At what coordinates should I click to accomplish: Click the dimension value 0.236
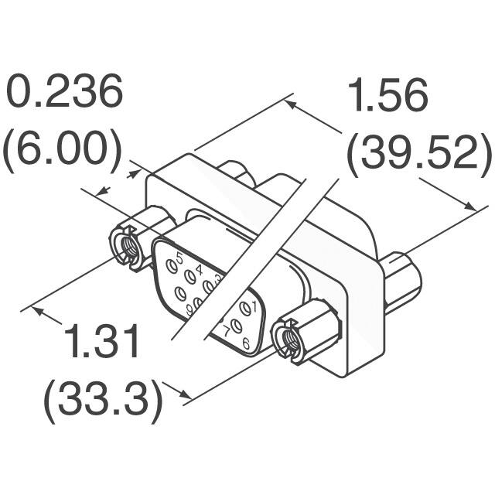pos(65,94)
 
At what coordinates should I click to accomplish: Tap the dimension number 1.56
pos(387,97)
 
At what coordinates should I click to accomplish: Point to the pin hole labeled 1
pos(247,309)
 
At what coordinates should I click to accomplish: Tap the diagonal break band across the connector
pos(255,255)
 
